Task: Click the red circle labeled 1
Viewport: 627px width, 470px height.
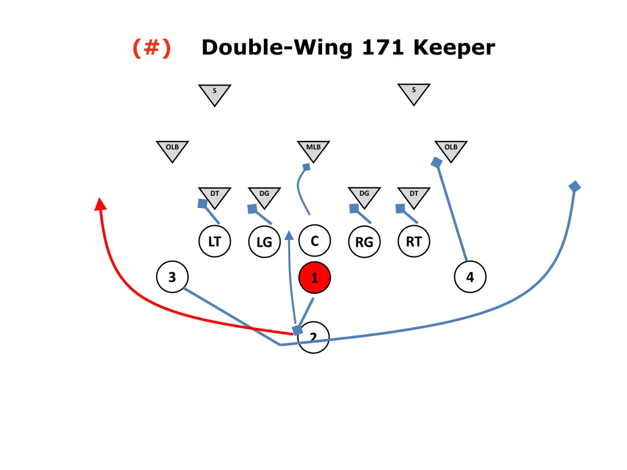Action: click(x=314, y=278)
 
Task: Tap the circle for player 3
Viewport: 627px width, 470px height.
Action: click(x=172, y=277)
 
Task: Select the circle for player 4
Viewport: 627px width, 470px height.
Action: click(x=470, y=277)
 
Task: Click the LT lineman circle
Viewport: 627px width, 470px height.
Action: click(x=214, y=242)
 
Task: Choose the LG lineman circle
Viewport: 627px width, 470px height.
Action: click(x=264, y=242)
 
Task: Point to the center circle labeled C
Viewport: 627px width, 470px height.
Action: click(x=314, y=241)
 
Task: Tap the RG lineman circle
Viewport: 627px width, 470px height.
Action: click(x=364, y=242)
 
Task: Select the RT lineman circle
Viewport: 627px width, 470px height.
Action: click(x=413, y=242)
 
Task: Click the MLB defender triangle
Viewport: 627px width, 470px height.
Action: click(x=313, y=150)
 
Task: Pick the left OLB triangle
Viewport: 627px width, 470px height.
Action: click(x=172, y=150)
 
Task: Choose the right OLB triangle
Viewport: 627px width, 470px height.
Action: click(x=451, y=150)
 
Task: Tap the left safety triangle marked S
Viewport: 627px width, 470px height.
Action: click(x=214, y=94)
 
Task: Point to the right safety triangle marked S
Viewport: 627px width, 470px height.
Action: click(x=413, y=93)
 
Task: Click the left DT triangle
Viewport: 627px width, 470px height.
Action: click(x=214, y=196)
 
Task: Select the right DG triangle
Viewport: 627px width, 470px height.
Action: click(x=364, y=196)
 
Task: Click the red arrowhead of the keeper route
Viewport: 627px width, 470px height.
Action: click(x=100, y=204)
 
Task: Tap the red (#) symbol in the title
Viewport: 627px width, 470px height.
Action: click(x=151, y=47)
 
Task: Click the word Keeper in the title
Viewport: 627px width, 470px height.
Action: click(x=454, y=47)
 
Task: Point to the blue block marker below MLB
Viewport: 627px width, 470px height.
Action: click(x=306, y=166)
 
